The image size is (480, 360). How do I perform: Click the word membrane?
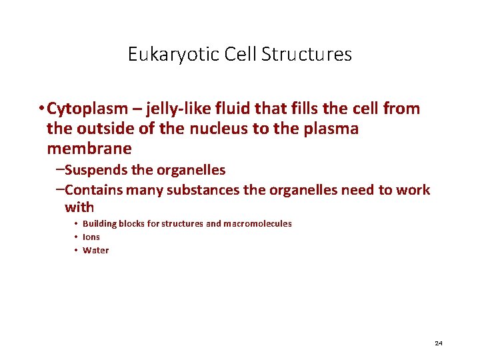coord(89,149)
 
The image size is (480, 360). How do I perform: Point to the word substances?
coord(202,190)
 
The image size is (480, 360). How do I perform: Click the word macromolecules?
coord(257,224)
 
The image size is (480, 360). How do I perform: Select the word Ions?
coord(91,237)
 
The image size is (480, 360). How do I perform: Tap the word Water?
coord(95,251)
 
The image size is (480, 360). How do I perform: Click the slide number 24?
coord(438,343)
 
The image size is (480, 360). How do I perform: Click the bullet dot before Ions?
coord(77,237)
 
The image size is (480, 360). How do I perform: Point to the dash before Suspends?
coord(60,170)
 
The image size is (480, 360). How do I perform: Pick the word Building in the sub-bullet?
coord(99,224)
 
